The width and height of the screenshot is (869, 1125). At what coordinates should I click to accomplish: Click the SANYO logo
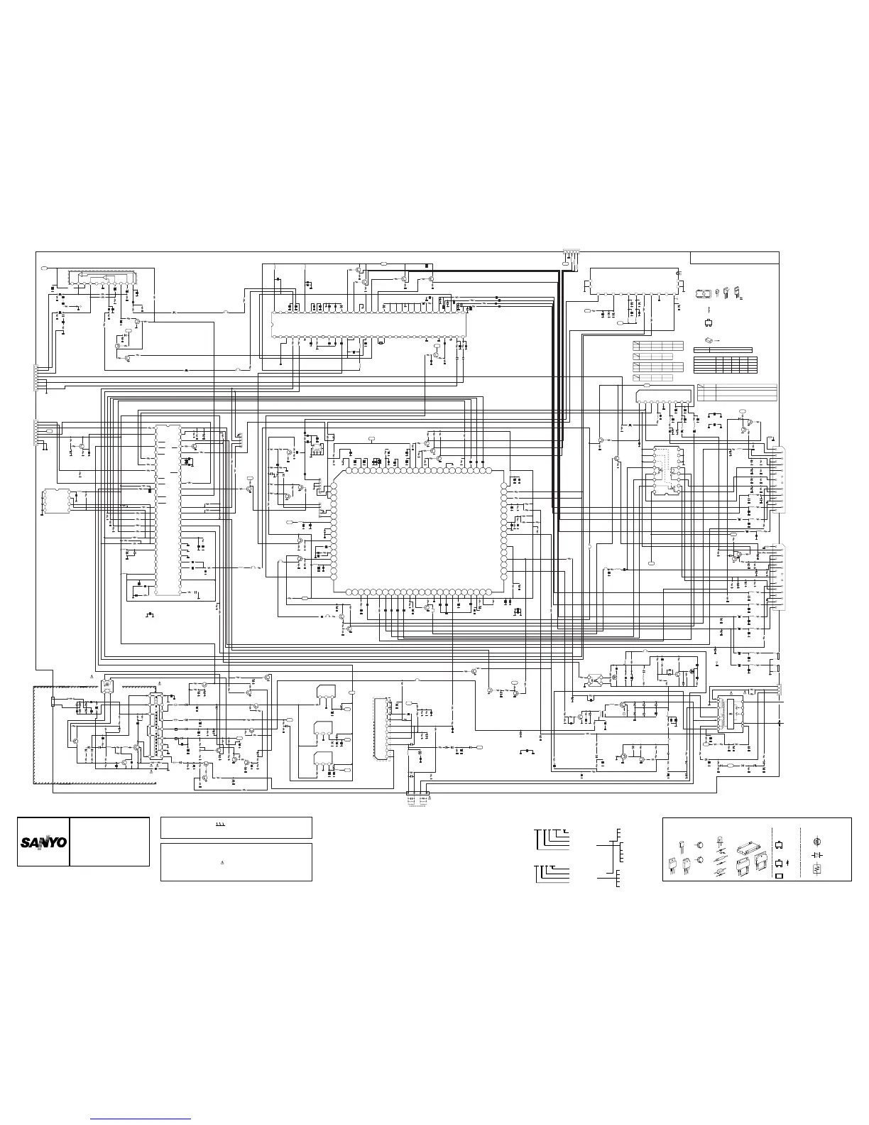pyautogui.click(x=43, y=842)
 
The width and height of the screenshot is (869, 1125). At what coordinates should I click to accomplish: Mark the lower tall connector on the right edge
pyautogui.click(x=782, y=577)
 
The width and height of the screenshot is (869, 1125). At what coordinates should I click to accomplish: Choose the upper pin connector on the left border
pyautogui.click(x=36, y=376)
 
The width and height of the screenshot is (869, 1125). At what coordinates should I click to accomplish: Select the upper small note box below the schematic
pyautogui.click(x=236, y=828)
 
